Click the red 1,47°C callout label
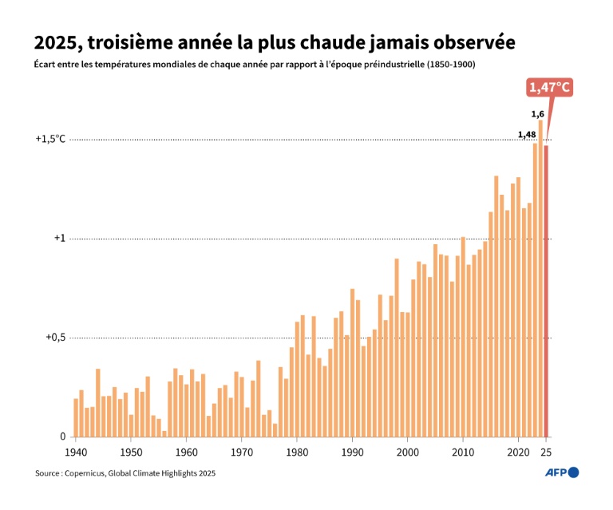click(550, 88)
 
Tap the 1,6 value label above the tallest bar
click(538, 113)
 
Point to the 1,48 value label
click(526, 134)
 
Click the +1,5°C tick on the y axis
click(50, 139)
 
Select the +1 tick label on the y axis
click(58, 238)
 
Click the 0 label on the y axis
click(61, 437)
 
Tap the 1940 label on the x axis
click(76, 452)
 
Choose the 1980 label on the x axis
click(297, 452)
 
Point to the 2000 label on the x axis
click(408, 452)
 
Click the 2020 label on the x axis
click(518, 452)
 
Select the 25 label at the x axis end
click(547, 452)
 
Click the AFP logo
click(562, 472)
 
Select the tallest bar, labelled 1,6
click(540, 279)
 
